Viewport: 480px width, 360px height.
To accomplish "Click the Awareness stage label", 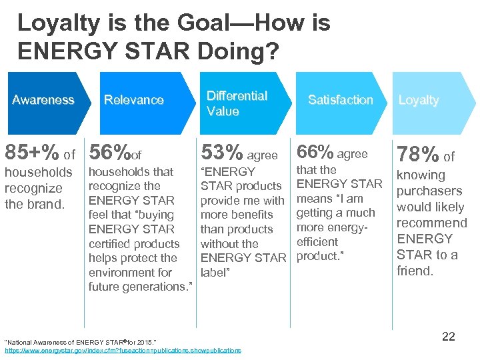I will (x=43, y=100).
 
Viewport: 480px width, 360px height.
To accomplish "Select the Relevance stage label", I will (x=133, y=100).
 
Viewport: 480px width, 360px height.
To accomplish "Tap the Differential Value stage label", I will (x=237, y=103).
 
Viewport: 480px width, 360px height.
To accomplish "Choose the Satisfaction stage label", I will (x=340, y=100).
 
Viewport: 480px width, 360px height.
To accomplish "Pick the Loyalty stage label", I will (x=418, y=100).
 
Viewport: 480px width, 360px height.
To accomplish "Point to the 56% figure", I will (x=110, y=153).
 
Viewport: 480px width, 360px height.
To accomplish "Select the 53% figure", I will (x=221, y=153).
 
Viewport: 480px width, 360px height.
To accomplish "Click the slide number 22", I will (x=449, y=337).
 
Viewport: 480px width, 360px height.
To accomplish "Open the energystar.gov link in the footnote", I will (x=123, y=350).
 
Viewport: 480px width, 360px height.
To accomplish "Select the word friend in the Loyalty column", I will (x=415, y=271).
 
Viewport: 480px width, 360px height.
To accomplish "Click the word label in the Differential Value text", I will (x=215, y=273).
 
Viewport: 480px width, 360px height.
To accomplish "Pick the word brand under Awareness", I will (x=44, y=204).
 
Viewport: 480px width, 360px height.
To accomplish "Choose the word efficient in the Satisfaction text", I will (x=317, y=243).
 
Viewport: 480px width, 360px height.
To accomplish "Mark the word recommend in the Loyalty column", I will (x=432, y=223).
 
